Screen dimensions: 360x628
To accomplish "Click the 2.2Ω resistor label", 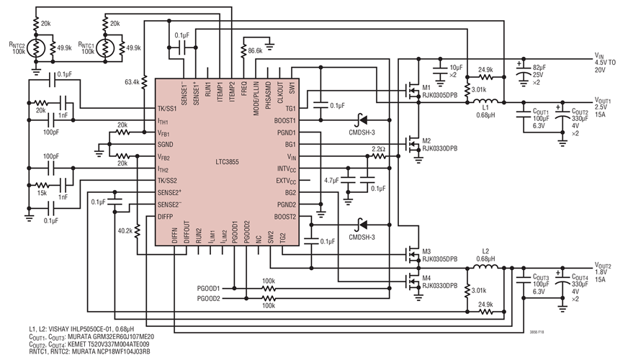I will [378, 149].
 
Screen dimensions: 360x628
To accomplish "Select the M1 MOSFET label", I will [426, 88].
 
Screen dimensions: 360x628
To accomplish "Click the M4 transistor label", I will [426, 278].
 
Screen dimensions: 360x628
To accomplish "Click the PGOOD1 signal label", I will [208, 288].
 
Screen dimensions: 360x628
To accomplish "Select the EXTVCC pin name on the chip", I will [284, 181].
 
